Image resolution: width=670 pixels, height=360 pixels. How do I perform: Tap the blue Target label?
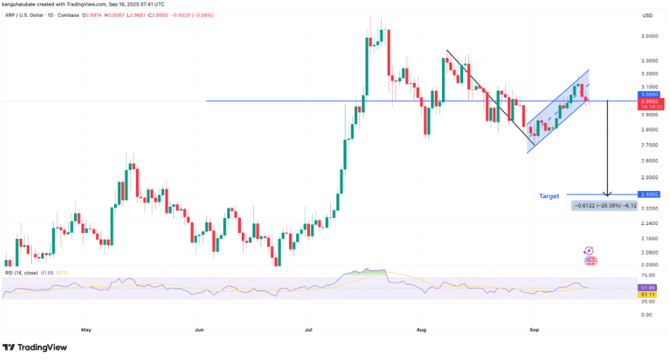click(x=549, y=196)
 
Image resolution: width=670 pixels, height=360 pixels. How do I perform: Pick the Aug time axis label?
click(x=421, y=330)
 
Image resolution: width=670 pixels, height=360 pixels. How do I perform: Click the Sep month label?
click(x=534, y=330)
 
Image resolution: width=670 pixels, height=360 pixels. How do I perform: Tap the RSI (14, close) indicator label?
click(x=23, y=272)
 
